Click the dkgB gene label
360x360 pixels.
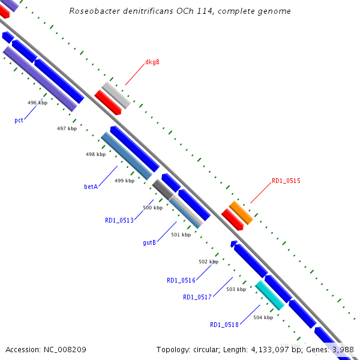coord(152,62)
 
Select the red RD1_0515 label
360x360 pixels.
coord(286,181)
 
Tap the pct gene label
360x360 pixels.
coord(19,121)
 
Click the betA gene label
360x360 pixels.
coord(91,187)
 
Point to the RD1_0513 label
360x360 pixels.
coord(119,220)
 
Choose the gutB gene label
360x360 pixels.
coord(149,243)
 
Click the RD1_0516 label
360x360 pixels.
coord(181,280)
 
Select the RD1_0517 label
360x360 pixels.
coord(197,297)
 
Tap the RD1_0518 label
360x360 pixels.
coord(224,325)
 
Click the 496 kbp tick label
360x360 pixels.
coord(37,103)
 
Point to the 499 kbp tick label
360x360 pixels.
coord(124,181)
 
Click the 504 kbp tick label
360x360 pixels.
coord(263,317)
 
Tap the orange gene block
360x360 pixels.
coord(241,212)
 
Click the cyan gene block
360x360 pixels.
coord(269,295)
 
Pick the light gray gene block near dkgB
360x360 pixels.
coord(116,95)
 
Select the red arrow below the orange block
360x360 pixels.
coord(232,220)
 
